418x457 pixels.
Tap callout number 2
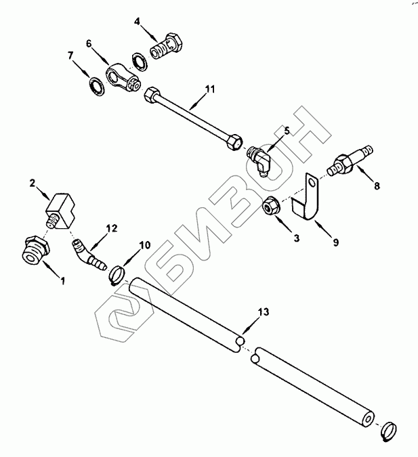point(32,183)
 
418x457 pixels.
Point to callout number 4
point(138,22)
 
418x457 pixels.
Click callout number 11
point(209,89)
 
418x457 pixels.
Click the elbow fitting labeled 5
point(258,161)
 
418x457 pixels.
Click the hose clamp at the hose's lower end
point(389,429)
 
